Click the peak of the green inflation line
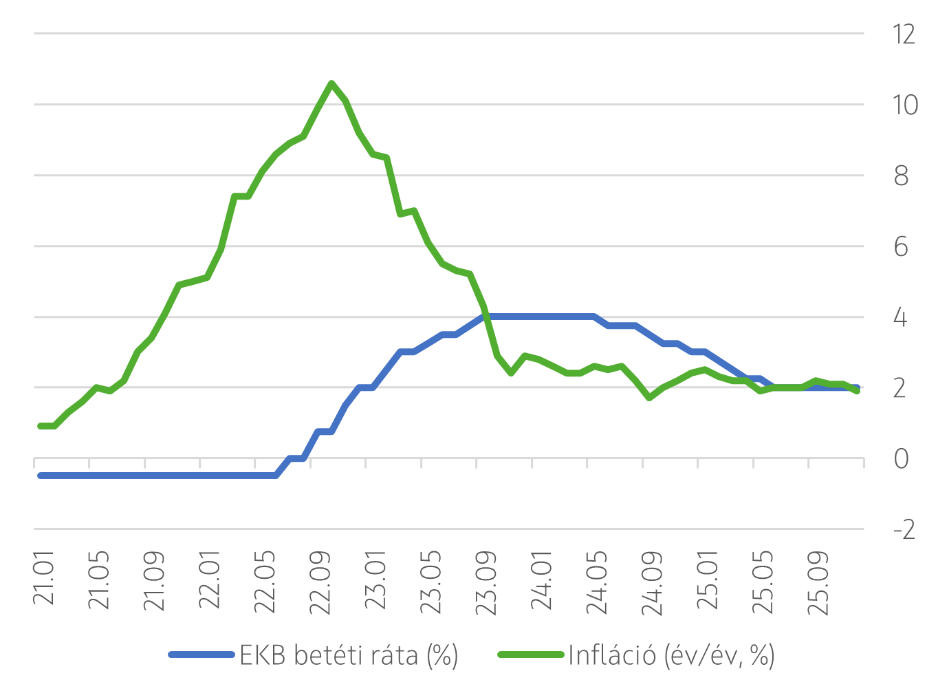coord(331,83)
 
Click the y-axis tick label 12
coord(904,34)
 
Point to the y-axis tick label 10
coord(904,105)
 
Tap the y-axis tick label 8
coord(901,176)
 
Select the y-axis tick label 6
coord(901,247)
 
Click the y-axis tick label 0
coord(901,459)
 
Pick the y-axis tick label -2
coord(904,530)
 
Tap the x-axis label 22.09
coord(320,582)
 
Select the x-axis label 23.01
coord(376,580)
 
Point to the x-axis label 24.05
coord(597,582)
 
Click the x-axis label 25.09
coord(818,582)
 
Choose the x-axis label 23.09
coord(486,582)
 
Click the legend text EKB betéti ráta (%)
coord(349,655)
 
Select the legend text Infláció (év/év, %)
coord(671,655)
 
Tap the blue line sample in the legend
coord(201,655)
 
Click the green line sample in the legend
coord(531,655)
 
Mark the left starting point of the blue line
coord(41,476)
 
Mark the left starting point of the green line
coord(41,426)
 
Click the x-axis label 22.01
coord(210,580)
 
